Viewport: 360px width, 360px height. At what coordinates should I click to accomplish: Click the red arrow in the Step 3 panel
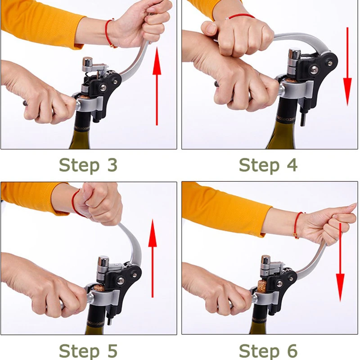click(x=157, y=86)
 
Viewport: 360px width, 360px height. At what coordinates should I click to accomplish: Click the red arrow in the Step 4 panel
click(x=347, y=67)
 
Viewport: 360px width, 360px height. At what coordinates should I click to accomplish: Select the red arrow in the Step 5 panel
click(x=153, y=258)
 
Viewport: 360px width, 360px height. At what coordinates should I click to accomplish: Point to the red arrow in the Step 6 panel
click(x=340, y=262)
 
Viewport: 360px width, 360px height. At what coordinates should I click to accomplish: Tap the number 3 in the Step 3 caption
click(x=112, y=165)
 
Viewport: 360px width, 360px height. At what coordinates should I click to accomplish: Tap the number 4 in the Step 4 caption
click(x=292, y=165)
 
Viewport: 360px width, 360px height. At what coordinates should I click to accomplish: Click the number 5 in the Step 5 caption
click(x=112, y=351)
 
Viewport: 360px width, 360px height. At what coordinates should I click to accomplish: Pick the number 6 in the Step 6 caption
click(x=292, y=351)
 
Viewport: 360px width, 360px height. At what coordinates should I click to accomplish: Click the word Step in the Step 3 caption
click(x=79, y=166)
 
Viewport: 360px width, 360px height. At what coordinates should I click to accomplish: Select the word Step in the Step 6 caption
click(x=259, y=352)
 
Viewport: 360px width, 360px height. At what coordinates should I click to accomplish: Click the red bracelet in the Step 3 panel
click(x=109, y=33)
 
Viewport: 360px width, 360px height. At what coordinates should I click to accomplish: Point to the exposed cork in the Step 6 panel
click(x=262, y=286)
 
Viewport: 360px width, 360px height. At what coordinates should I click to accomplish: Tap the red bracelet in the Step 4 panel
click(x=240, y=17)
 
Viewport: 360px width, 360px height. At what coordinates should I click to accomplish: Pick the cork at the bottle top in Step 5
click(x=99, y=287)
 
